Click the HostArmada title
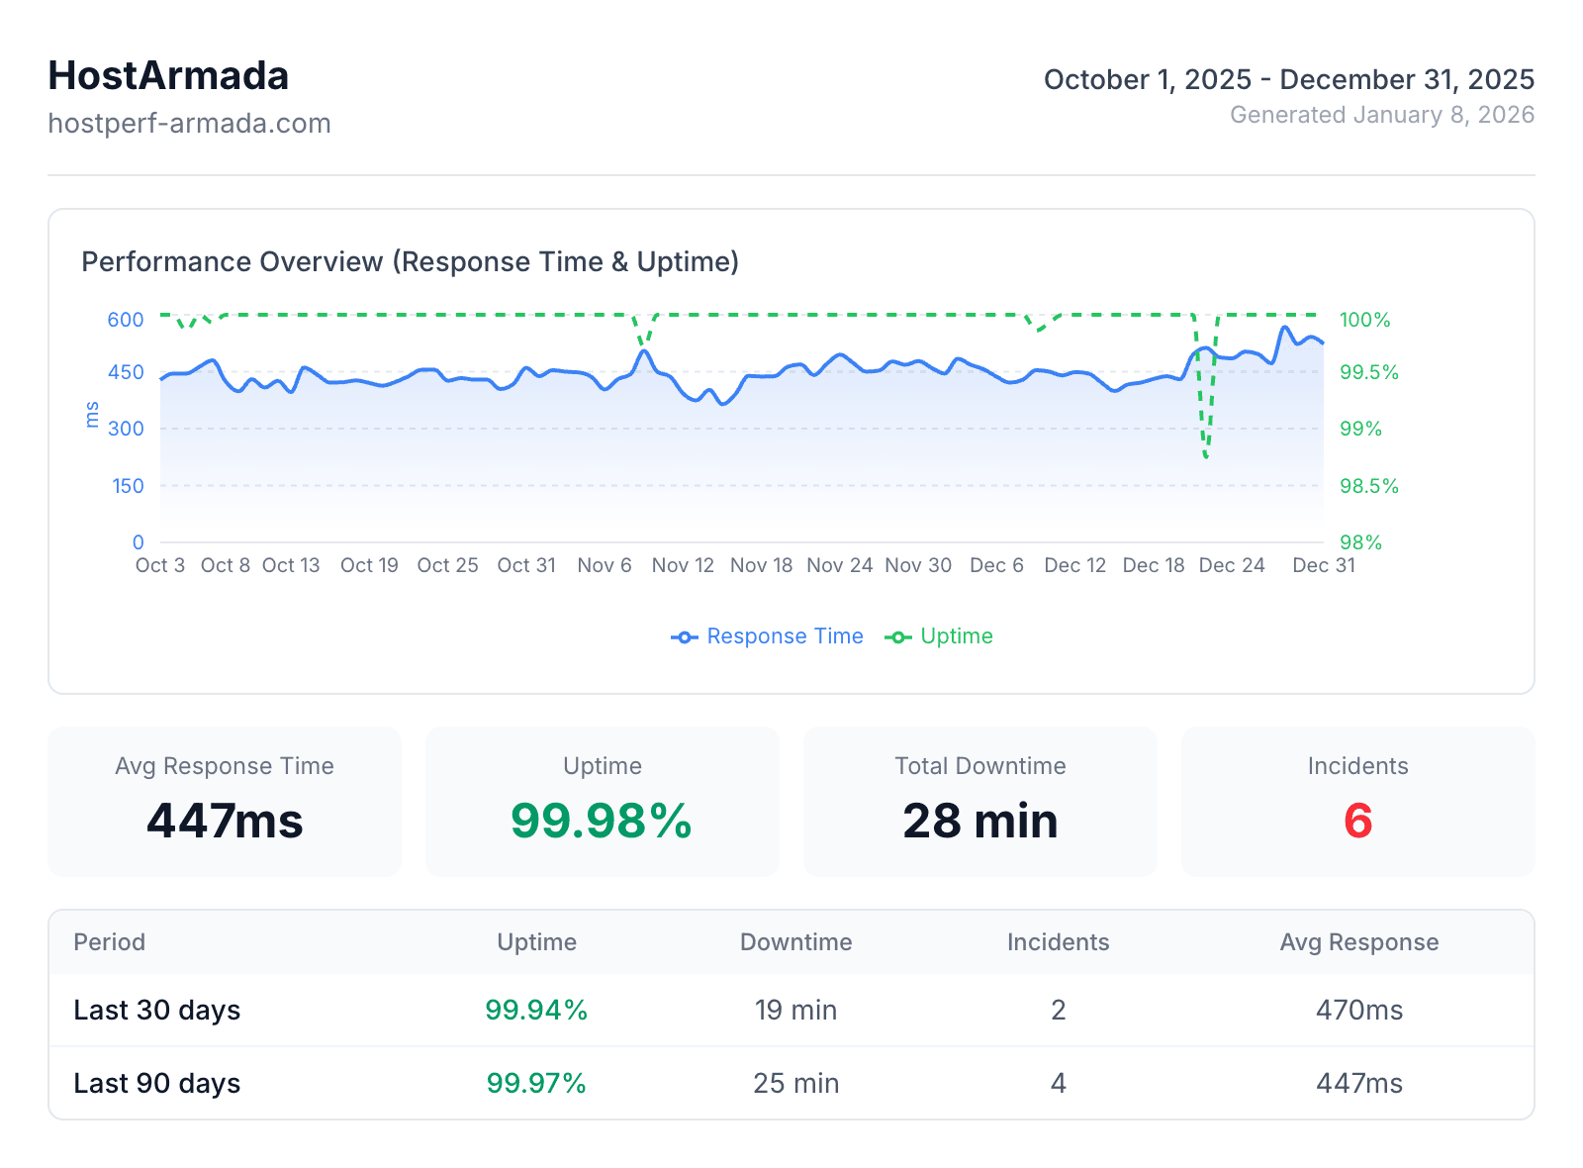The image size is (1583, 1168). coord(168,76)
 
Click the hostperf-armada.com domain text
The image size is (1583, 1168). coord(189,124)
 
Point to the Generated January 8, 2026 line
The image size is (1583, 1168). coord(1381,115)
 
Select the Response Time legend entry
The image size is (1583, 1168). coord(768,636)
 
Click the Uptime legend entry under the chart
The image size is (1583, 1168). coord(939,636)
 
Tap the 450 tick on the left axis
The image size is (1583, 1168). coord(126,373)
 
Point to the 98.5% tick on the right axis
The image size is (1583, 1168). coord(1368,486)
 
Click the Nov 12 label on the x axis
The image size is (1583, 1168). coord(683,565)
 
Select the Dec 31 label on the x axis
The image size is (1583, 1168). coord(1323,565)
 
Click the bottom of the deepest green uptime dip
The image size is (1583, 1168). coord(1206,456)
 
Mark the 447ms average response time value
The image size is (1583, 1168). coord(225,821)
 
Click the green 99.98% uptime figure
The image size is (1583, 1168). coord(602,821)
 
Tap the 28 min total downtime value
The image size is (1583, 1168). coord(979,821)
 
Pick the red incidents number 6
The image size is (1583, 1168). coord(1357,821)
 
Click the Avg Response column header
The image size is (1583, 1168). coord(1358,942)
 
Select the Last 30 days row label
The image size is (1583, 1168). coord(157,1010)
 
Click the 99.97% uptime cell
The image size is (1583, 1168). coord(536,1083)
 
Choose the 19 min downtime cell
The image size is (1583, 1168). coord(795,1010)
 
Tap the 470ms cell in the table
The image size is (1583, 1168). coord(1358,1010)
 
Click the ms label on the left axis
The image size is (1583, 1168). coord(92,415)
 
